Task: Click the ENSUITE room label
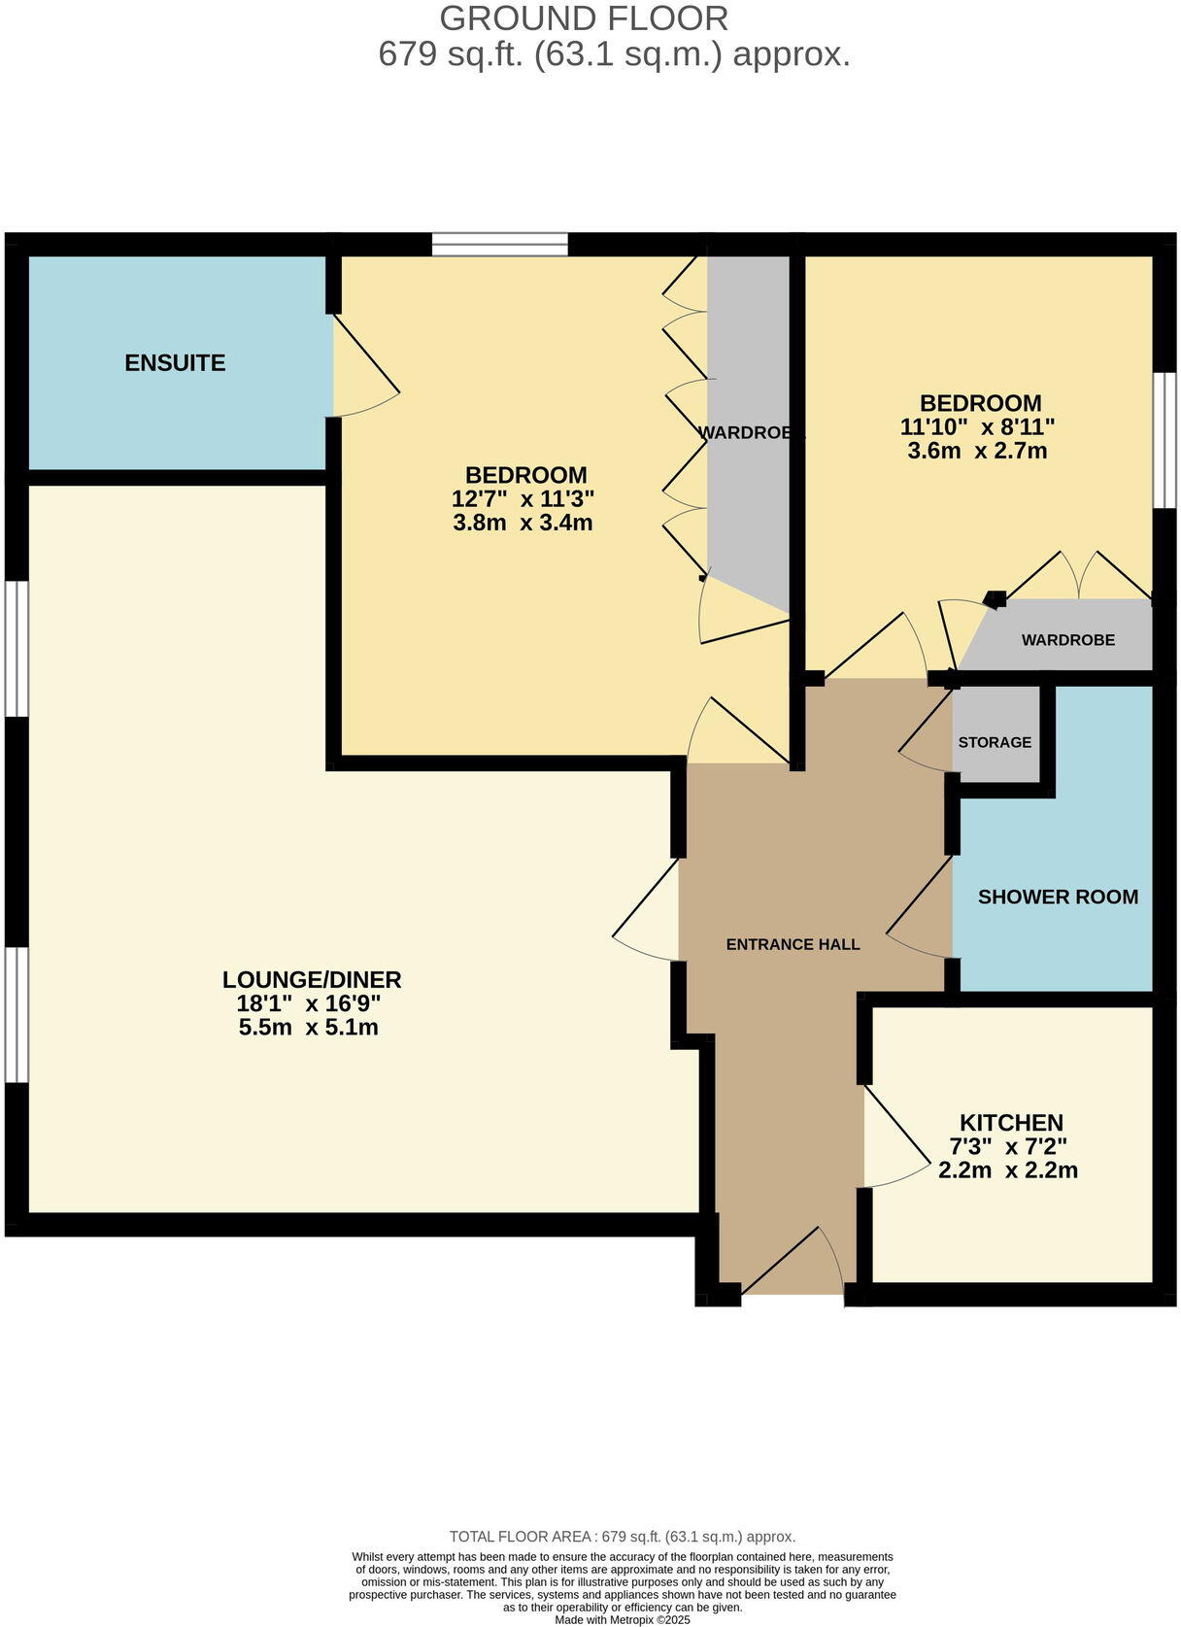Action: (x=175, y=362)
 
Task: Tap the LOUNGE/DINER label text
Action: (x=311, y=979)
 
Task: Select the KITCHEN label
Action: (x=1011, y=1122)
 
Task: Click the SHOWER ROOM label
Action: (x=1058, y=897)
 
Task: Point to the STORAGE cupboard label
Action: (x=995, y=742)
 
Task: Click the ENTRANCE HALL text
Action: (x=793, y=944)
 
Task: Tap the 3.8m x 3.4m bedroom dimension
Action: (x=523, y=523)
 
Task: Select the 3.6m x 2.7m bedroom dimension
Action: (x=977, y=451)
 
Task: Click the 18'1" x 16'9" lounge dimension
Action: (x=309, y=1003)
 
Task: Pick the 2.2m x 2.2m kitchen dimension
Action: (x=1008, y=1170)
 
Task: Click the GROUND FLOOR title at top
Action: (x=584, y=18)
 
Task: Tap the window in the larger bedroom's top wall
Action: (x=499, y=244)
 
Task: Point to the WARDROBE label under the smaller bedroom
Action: (x=1067, y=640)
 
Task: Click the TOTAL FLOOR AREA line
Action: (x=623, y=1537)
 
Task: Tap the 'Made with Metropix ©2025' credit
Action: (x=623, y=1620)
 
